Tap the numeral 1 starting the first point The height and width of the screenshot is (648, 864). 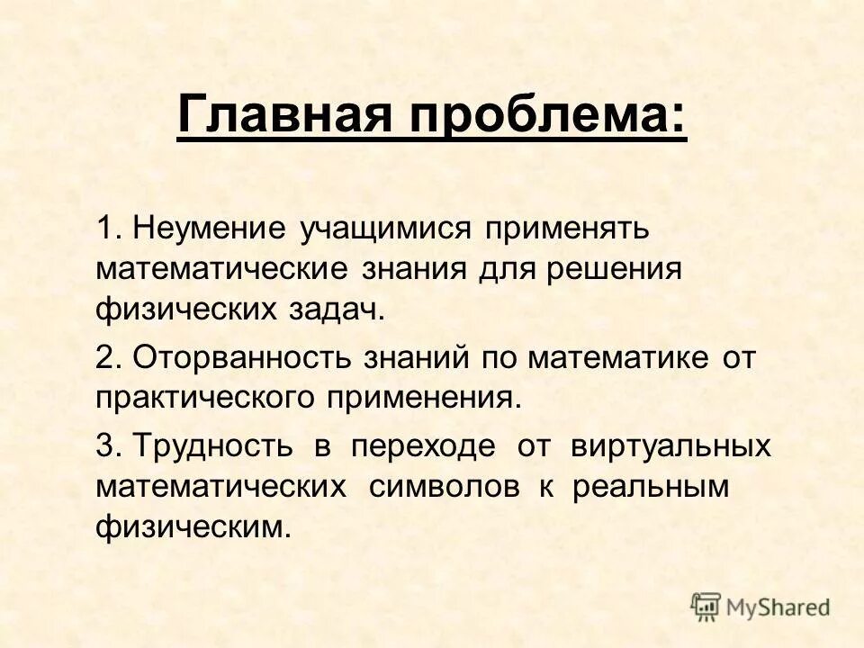(x=106, y=228)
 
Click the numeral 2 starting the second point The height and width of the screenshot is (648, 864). (x=106, y=357)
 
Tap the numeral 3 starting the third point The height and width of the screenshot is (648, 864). (x=106, y=445)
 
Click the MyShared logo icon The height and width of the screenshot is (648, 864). (x=706, y=606)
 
